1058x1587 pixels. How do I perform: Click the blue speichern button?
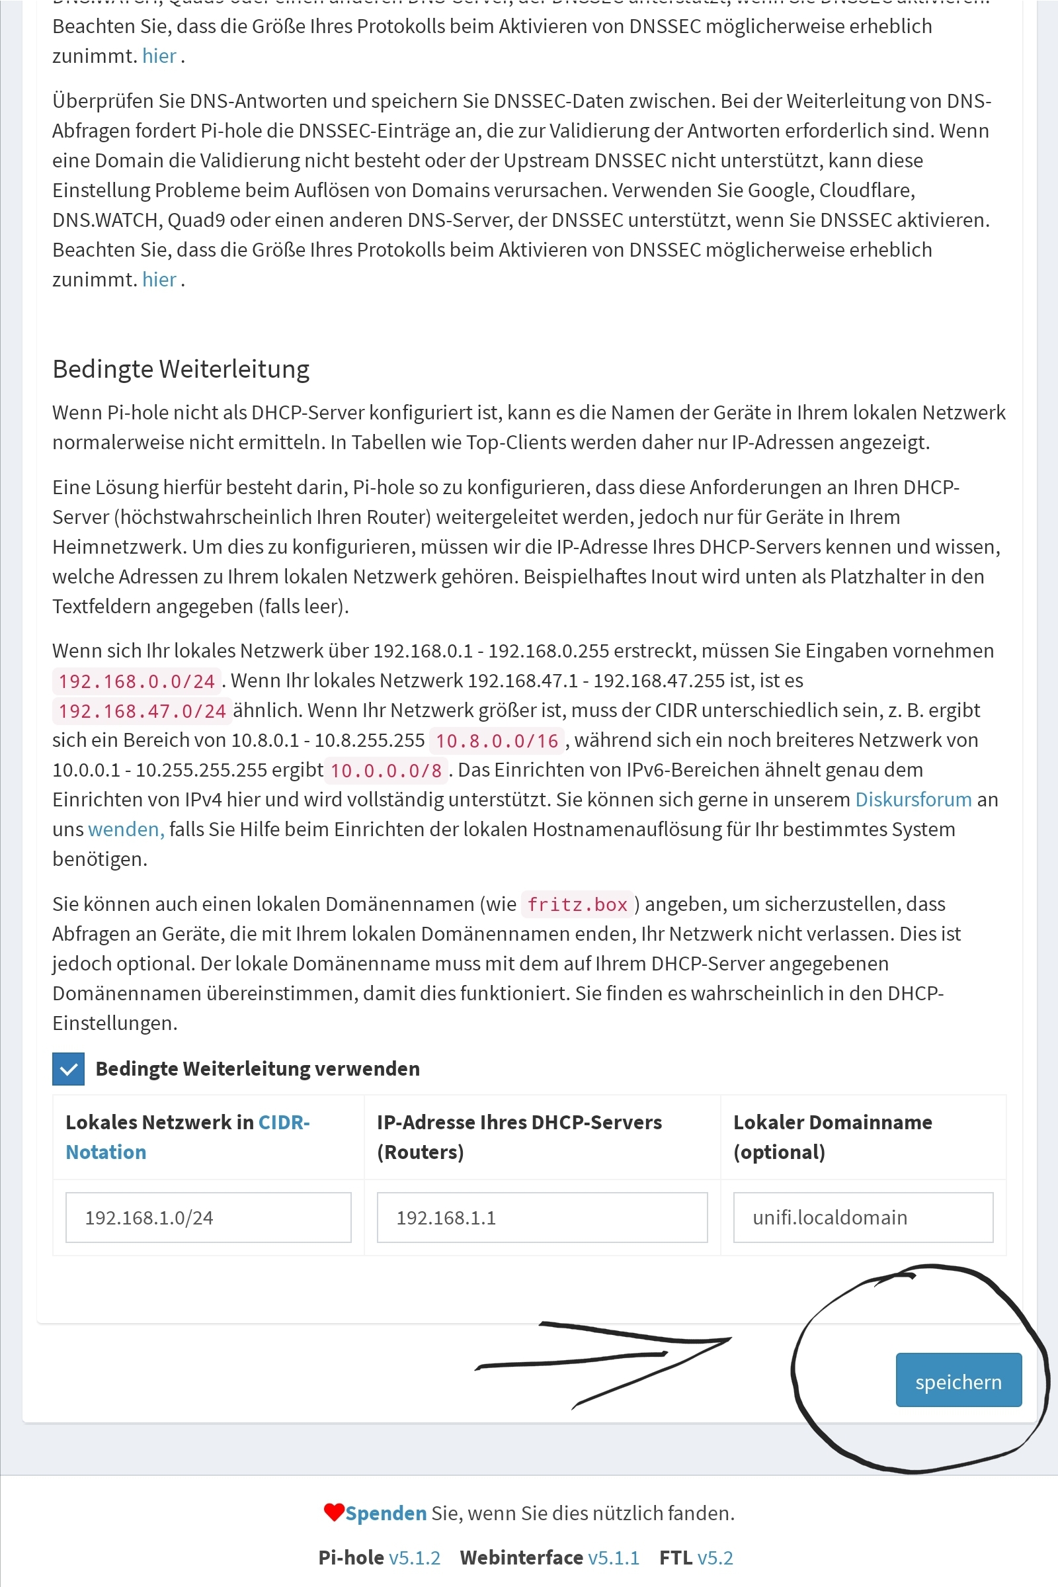tap(958, 1381)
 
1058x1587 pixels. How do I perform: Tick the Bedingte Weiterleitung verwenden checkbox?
tap(68, 1068)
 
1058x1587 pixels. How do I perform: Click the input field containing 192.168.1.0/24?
tap(208, 1217)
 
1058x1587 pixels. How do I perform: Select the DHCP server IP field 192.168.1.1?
tap(542, 1217)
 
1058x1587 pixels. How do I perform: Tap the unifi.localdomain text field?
tap(862, 1217)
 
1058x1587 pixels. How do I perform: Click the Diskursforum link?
tap(913, 799)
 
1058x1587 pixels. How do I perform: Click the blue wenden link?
tap(126, 829)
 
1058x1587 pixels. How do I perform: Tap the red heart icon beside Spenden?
tap(333, 1512)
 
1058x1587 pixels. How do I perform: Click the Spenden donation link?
tap(386, 1514)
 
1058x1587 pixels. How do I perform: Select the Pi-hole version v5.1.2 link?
tap(415, 1557)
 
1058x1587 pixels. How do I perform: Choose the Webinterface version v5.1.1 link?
tap(614, 1557)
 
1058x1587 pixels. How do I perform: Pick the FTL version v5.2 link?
tap(715, 1557)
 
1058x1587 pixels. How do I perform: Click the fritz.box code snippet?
tap(577, 904)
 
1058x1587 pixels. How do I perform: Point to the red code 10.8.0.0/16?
tap(497, 740)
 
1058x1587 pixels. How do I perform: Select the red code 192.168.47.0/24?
tap(142, 710)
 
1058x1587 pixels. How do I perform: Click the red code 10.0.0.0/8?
tap(386, 770)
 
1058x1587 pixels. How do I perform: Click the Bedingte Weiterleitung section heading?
tap(181, 369)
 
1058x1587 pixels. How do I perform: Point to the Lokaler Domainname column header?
tap(832, 1137)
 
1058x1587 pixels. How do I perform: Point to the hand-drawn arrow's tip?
tap(730, 1338)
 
